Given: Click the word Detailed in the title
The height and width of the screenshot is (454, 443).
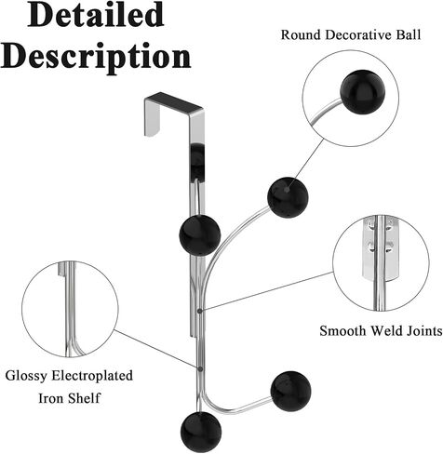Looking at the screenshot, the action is coord(96,15).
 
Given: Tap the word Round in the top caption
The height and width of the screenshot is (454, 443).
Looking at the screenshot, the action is coord(301,34).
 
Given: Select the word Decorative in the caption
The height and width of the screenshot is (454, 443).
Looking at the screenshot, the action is coord(357,34).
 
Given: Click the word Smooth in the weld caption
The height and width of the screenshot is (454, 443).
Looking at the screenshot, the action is coord(343,331).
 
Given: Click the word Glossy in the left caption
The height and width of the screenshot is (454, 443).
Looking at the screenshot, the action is coord(26,376).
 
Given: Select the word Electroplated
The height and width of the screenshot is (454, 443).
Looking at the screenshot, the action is coord(92,376).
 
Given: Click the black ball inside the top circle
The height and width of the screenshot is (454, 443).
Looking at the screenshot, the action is coord(363,92).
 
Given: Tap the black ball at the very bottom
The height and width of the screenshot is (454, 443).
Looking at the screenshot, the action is coord(201,432).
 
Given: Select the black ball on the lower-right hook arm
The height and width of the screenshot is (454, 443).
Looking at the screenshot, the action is coord(290,392).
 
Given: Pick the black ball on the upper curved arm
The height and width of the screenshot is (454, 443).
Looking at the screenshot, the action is coord(288,197).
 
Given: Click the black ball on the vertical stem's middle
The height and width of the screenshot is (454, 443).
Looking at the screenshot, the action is coord(200,235).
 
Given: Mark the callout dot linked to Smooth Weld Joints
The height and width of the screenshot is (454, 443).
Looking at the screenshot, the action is coord(200,311).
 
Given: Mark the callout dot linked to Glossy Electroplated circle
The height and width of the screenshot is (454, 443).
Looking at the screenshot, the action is coord(200,369).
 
